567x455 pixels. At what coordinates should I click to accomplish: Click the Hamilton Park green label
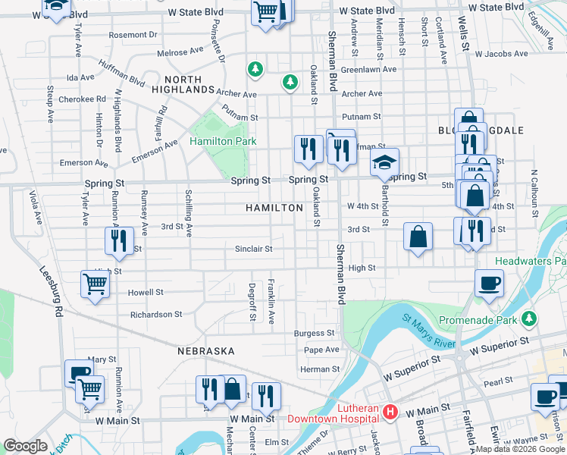(223, 141)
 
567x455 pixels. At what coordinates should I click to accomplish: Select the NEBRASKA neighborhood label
(205, 351)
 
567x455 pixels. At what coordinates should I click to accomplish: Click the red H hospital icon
(390, 412)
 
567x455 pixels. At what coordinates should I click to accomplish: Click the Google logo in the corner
(25, 446)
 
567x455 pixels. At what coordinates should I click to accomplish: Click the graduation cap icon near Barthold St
(384, 162)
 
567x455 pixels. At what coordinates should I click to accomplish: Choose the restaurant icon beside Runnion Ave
(119, 240)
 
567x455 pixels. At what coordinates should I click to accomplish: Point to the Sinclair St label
(253, 248)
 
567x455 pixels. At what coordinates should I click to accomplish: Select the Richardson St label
(156, 314)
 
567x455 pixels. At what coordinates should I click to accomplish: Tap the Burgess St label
(315, 333)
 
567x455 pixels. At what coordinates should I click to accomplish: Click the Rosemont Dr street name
(133, 35)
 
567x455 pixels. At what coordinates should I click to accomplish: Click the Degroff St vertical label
(252, 300)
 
